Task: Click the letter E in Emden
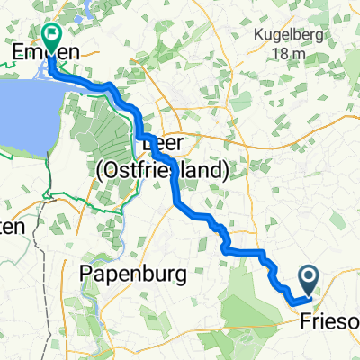pyautogui.click(x=15, y=54)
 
